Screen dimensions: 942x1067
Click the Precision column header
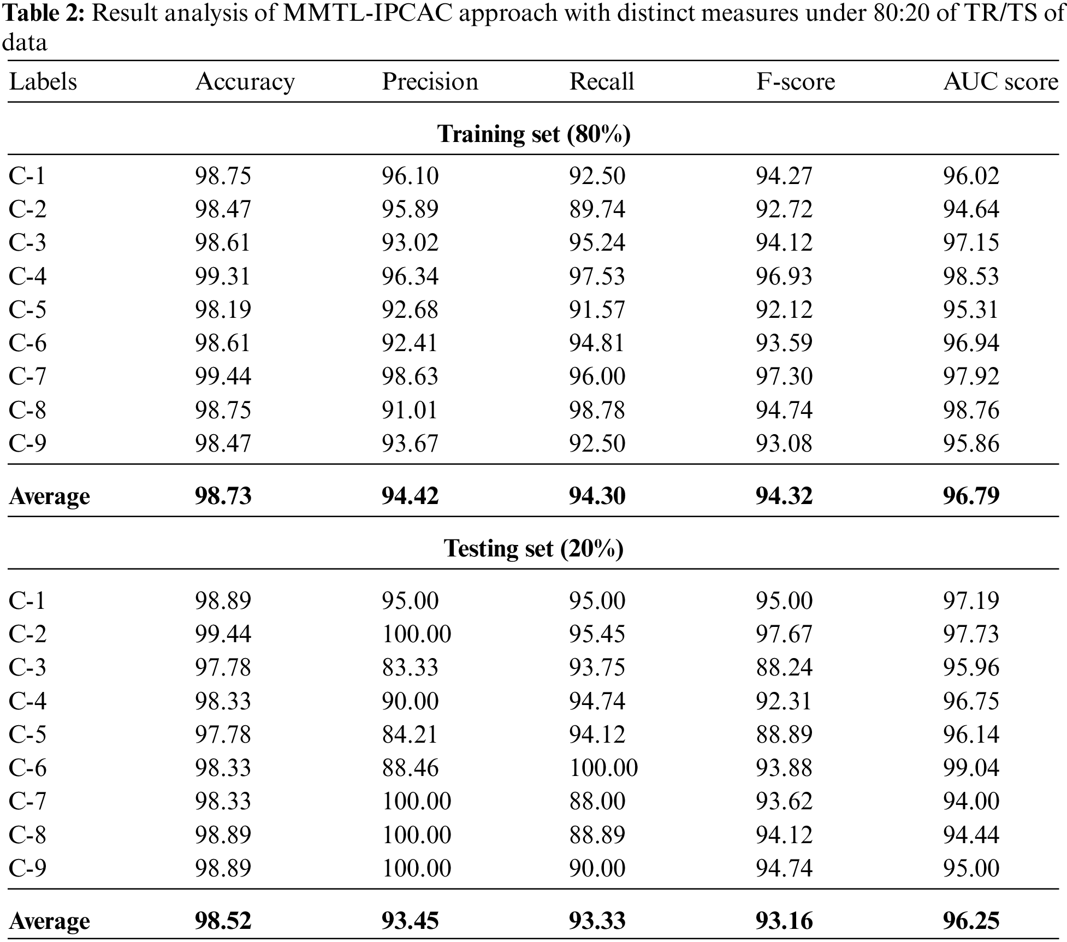point(430,82)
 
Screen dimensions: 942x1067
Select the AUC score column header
point(1000,82)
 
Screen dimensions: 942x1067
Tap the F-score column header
point(795,82)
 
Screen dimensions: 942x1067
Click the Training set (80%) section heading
point(533,134)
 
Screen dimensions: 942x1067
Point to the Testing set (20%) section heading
point(533,548)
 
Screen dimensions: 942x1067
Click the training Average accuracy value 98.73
point(223,496)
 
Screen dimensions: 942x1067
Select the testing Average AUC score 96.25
point(971,921)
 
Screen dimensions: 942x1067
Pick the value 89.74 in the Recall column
point(597,209)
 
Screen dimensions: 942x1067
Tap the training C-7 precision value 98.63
point(410,376)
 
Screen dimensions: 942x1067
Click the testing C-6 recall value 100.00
point(603,768)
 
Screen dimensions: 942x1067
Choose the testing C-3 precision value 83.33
point(410,667)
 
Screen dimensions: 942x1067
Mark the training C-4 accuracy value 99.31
point(223,276)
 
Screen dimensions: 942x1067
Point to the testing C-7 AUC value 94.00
point(971,801)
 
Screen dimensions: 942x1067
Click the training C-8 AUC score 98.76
point(971,410)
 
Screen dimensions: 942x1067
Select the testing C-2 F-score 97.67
point(784,634)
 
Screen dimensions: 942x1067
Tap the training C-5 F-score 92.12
point(784,310)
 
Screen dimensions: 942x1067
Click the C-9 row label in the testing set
point(27,868)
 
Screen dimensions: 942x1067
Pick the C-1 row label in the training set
point(27,176)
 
